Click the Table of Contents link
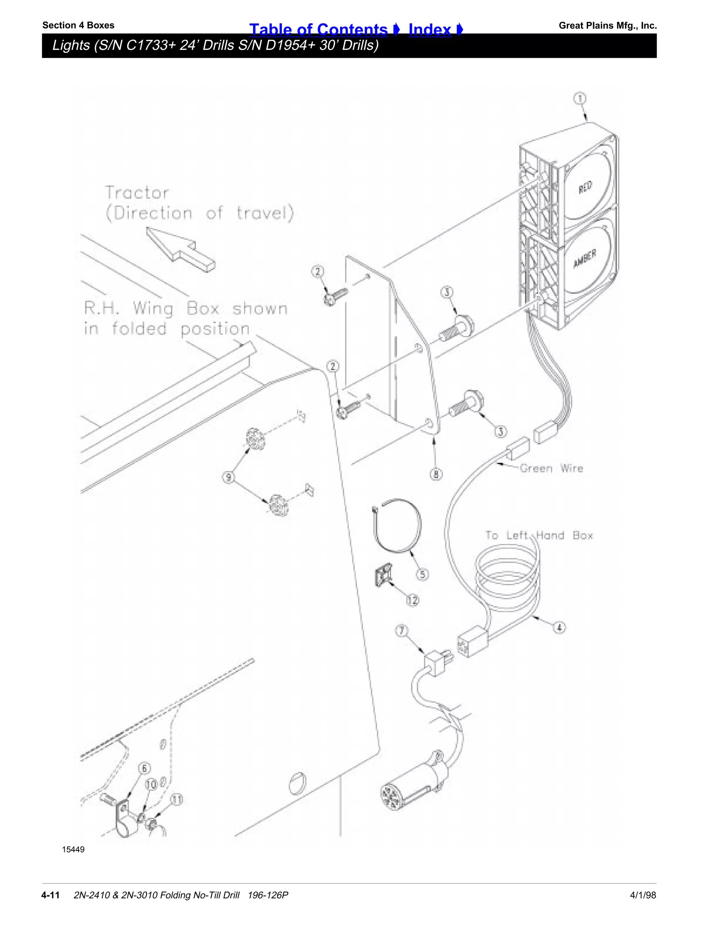pyautogui.click(x=318, y=30)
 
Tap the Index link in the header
pyautogui.click(x=430, y=30)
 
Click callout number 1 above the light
pyautogui.click(x=579, y=98)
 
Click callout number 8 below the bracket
pyautogui.click(x=436, y=474)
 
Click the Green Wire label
pyautogui.click(x=551, y=468)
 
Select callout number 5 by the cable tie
pyautogui.click(x=422, y=574)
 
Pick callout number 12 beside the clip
pyautogui.click(x=412, y=600)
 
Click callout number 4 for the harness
pyautogui.click(x=560, y=628)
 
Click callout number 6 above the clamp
pyautogui.click(x=144, y=768)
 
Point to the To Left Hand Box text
pyautogui.click(x=539, y=536)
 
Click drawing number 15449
pyautogui.click(x=73, y=849)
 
